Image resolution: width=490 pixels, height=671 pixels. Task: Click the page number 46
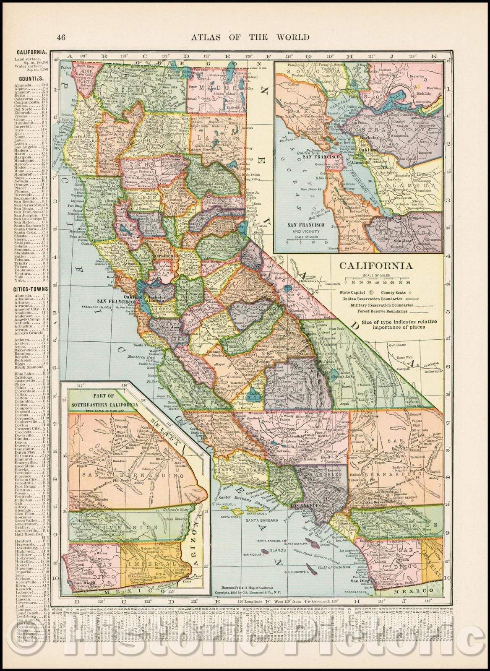(61, 37)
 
